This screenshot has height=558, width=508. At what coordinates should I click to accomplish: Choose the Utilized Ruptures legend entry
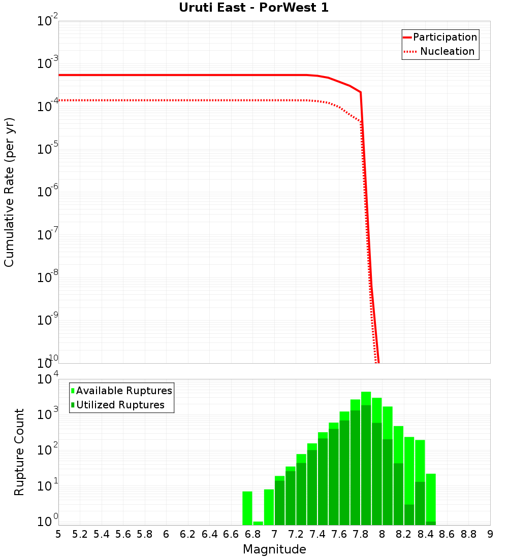point(120,405)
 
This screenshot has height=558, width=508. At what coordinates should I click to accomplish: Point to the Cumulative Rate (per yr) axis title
point(9,192)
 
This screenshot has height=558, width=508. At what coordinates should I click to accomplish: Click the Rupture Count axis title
point(19,452)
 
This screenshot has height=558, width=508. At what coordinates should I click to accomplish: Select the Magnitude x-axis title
point(274,549)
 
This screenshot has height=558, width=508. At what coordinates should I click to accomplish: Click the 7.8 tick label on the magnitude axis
point(361,534)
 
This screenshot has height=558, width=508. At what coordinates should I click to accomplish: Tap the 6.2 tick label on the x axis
point(188,534)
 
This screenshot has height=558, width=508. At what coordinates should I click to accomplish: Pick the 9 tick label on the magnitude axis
point(490,534)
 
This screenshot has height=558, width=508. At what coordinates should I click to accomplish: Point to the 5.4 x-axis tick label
point(102,534)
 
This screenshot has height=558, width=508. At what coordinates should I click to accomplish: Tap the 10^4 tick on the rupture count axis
point(48,379)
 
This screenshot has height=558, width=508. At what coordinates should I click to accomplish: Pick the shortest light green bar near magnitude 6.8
point(258,523)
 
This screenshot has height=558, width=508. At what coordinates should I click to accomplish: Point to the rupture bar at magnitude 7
point(279,502)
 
